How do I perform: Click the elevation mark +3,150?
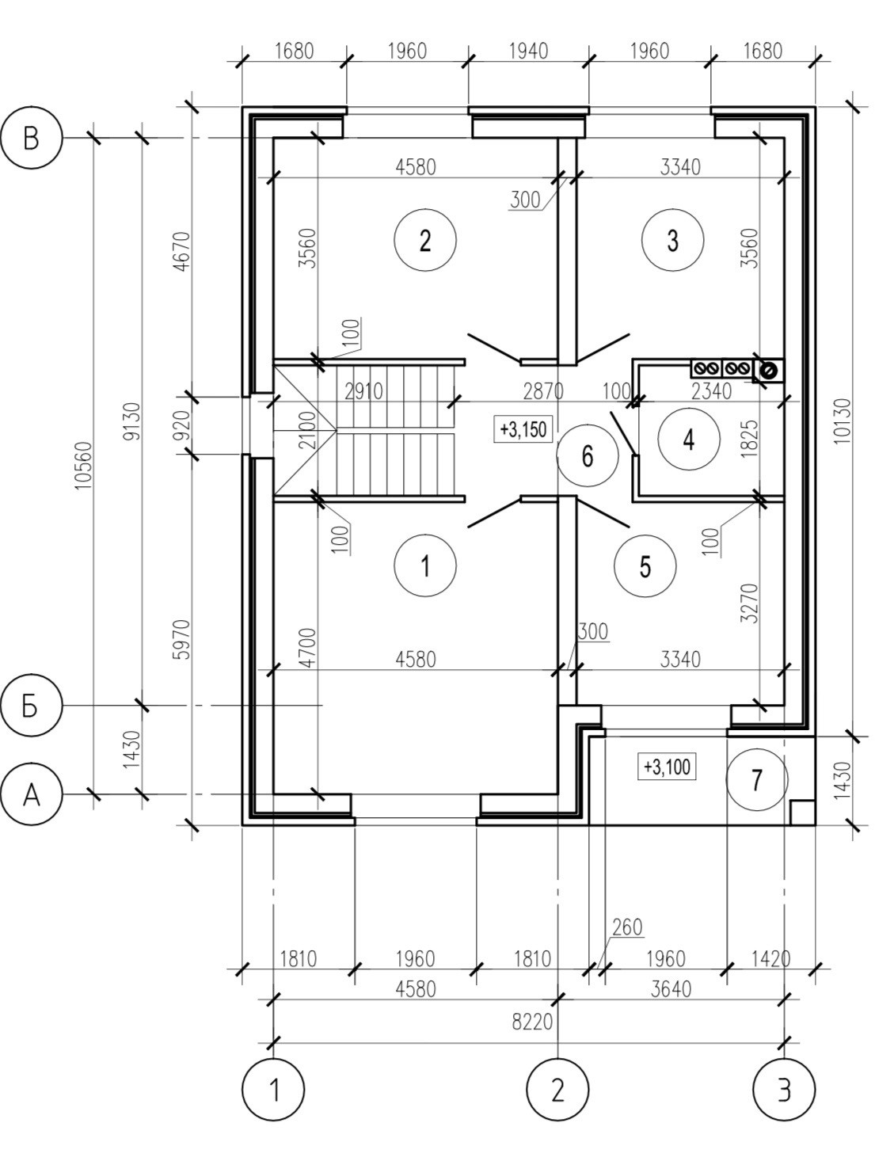[x=523, y=429]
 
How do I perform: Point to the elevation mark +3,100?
[x=667, y=767]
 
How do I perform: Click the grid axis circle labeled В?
[x=31, y=139]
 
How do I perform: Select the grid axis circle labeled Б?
[x=31, y=705]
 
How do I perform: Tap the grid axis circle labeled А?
[x=31, y=794]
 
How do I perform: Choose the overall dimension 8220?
[x=532, y=1022]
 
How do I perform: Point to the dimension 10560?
[x=85, y=466]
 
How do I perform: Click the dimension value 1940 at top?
[x=528, y=51]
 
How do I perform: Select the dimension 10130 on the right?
[x=844, y=421]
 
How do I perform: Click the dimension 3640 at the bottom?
[x=671, y=988]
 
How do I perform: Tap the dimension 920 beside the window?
[x=181, y=426]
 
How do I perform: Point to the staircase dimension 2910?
[x=363, y=392]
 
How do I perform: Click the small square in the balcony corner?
[x=802, y=813]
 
